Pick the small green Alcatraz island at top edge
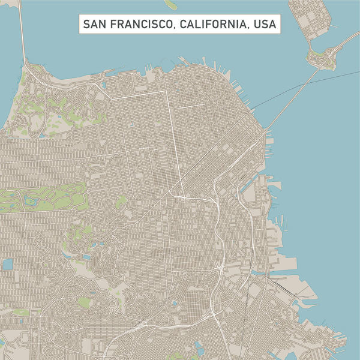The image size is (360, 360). [171, 4]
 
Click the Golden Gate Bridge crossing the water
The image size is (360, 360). [22, 30]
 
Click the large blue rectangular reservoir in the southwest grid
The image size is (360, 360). [8, 265]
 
